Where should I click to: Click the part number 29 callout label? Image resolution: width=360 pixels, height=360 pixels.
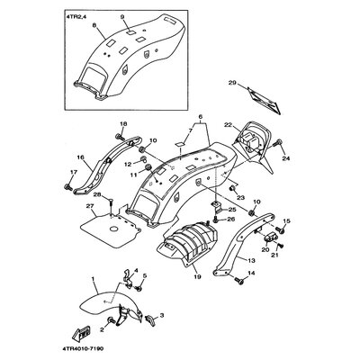(x=232, y=83)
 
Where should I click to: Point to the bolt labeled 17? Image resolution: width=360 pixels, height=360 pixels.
(x=68, y=187)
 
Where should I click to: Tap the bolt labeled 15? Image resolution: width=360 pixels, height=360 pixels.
(x=281, y=230)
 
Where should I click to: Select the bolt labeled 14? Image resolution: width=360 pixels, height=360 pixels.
(x=238, y=281)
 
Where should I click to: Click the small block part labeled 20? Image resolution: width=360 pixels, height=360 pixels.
(x=268, y=236)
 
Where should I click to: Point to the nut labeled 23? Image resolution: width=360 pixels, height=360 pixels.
(x=232, y=188)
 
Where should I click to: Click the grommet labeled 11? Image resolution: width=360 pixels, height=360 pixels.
(x=148, y=167)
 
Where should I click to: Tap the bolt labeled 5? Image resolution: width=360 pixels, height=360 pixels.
(x=139, y=288)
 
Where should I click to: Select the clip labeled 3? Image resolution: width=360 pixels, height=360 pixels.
(x=150, y=319)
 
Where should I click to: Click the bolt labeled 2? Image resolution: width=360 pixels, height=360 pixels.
(x=112, y=319)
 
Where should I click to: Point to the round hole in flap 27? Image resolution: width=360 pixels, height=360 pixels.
(x=113, y=229)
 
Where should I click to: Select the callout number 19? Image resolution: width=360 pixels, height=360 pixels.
(x=191, y=276)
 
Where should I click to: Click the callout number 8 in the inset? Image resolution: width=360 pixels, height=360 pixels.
(x=94, y=26)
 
